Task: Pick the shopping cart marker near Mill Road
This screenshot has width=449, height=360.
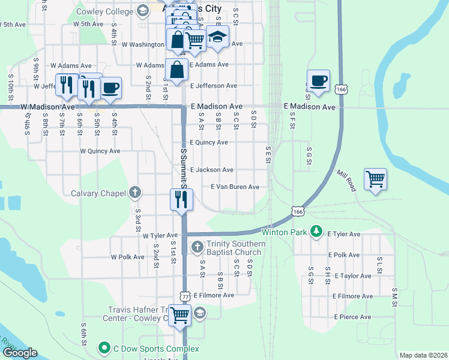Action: (375, 179)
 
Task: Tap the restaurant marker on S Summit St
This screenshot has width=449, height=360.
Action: (181, 199)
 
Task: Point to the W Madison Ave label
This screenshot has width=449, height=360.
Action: (47, 107)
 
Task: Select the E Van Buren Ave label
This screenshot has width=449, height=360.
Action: (235, 187)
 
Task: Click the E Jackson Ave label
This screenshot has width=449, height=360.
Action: (212, 170)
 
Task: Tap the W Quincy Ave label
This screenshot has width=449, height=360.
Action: (100, 151)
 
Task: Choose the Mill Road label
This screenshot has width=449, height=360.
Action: (346, 180)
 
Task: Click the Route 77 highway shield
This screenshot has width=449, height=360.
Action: (184, 296)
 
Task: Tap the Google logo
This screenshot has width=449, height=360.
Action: (19, 353)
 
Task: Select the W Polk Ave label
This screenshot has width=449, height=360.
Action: (127, 257)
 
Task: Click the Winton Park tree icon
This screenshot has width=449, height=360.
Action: (317, 232)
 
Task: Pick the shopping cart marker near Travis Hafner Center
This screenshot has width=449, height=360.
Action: (180, 315)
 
